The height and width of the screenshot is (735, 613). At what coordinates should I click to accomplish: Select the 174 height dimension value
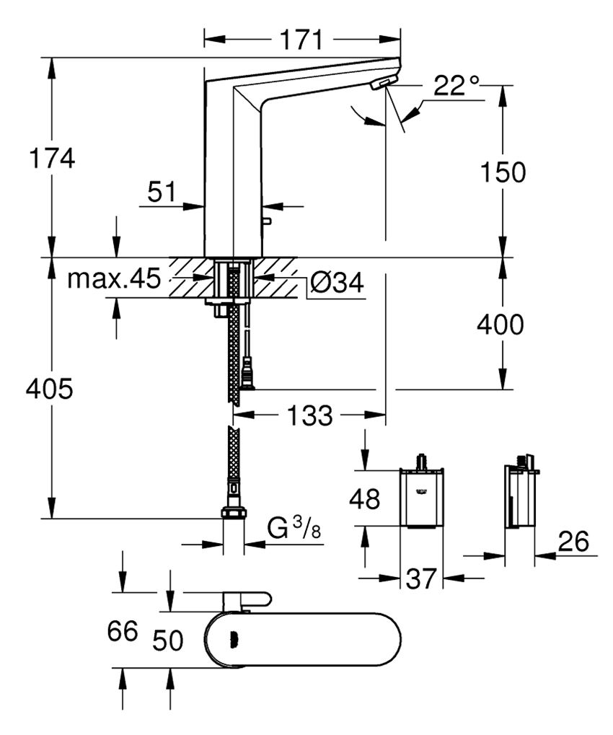(x=50, y=157)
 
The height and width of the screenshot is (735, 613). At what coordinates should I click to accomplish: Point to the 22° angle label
(x=457, y=87)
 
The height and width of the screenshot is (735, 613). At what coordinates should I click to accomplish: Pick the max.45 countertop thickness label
(x=114, y=279)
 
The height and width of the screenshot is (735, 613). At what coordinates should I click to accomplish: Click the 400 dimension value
(x=500, y=325)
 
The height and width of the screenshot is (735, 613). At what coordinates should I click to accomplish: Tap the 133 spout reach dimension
(x=310, y=415)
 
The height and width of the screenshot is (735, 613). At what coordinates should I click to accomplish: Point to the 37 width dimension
(x=420, y=578)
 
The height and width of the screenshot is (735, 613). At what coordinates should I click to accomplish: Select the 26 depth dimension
(x=573, y=540)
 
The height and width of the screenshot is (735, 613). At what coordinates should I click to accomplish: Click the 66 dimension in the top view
(x=122, y=632)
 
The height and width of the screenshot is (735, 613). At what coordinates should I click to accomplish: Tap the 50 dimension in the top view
(x=169, y=639)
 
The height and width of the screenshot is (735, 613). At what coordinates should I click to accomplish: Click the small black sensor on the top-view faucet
(x=233, y=638)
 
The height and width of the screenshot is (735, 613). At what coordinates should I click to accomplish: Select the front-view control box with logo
(x=422, y=498)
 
